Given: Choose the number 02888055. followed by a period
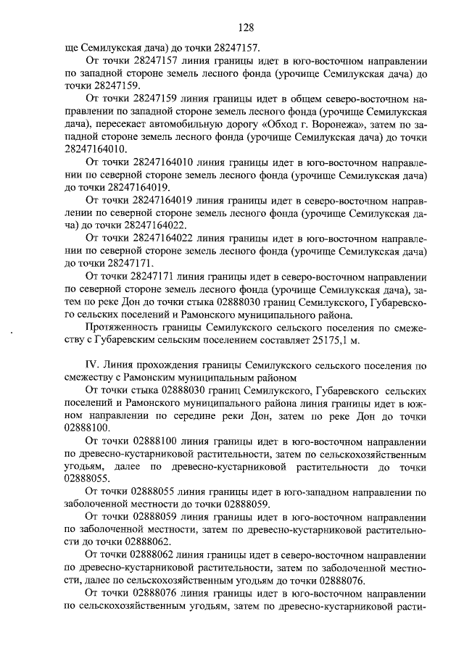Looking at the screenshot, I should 88,478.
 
